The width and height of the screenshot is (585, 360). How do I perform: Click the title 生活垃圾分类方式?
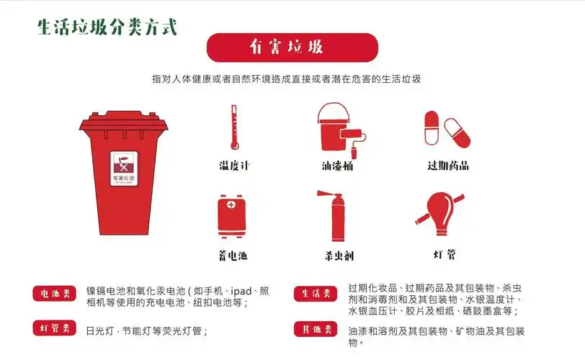click(x=107, y=27)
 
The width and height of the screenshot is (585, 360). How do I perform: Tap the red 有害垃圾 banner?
click(x=292, y=48)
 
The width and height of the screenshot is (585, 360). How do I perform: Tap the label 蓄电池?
click(x=233, y=256)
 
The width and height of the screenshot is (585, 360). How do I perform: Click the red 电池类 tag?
click(x=55, y=294)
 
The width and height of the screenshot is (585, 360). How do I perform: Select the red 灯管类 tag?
click(x=55, y=328)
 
